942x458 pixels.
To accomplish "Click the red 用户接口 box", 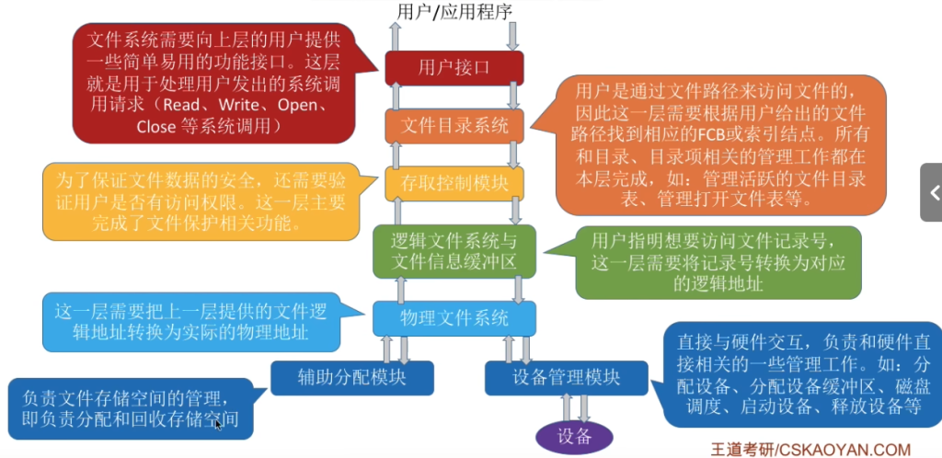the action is pos(454,68).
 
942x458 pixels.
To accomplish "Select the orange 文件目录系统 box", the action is pos(454,126).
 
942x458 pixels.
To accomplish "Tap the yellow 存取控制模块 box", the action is pos(454,184).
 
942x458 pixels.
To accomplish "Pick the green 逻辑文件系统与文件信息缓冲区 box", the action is pos(454,251).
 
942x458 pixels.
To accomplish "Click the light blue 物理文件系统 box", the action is pos(454,318).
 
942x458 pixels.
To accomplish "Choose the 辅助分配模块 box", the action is pos(352,378).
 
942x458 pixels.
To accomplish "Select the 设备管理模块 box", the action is pos(566,378).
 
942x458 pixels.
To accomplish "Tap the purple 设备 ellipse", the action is pos(574,437).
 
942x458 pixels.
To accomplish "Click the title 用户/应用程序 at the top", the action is pos(454,11).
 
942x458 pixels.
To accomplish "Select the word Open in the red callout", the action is pos(297,105).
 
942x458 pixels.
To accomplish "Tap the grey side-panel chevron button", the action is pos(931,193).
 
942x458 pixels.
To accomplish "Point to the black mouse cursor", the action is pos(219,424).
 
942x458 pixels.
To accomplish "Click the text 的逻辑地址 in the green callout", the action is pos(718,283).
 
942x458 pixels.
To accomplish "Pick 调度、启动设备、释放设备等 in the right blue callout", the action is pos(799,406).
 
